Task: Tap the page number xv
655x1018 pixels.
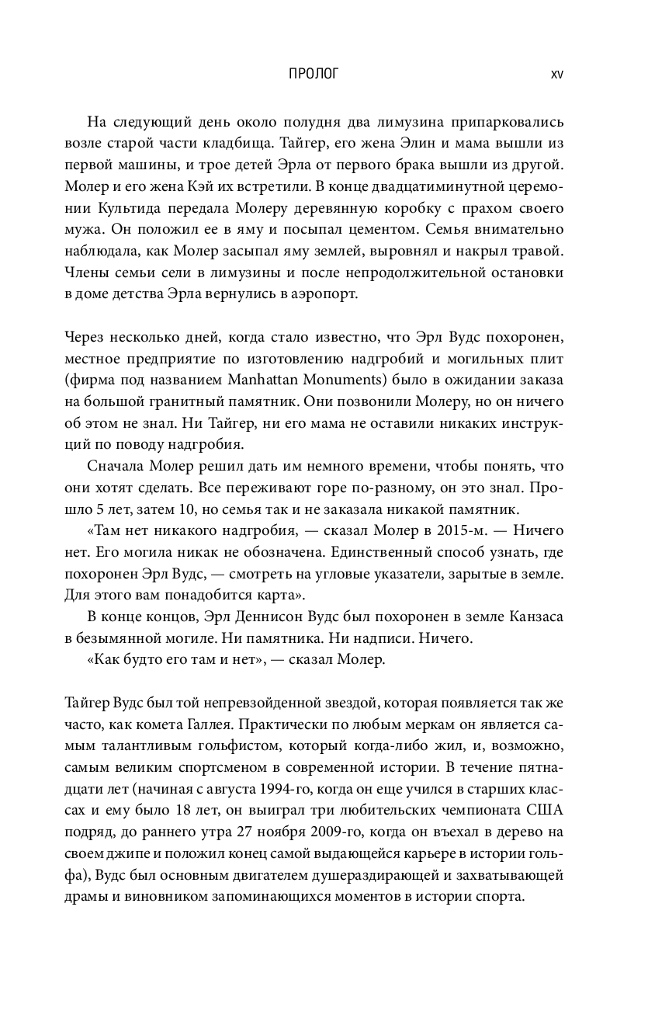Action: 556,75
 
